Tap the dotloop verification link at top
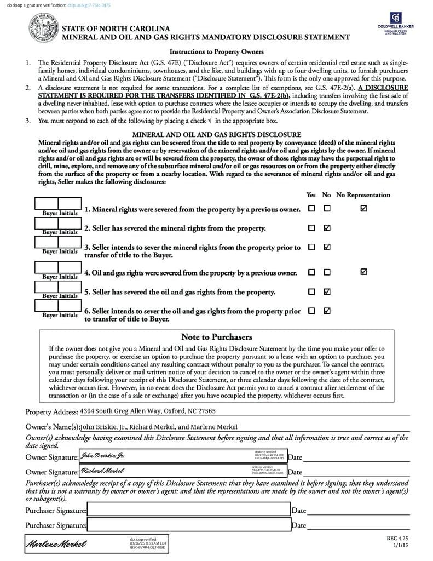[88, 5]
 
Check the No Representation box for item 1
[364, 209]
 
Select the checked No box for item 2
[327, 228]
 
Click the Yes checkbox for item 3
[311, 247]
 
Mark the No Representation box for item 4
[364, 272]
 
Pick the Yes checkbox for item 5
[311, 291]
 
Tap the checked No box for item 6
[327, 311]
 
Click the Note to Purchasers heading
[216, 337]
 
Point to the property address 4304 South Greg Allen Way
[147, 410]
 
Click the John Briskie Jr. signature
[103, 456]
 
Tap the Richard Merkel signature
[102, 471]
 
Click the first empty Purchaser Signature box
[188, 510]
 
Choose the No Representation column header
[363, 194]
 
